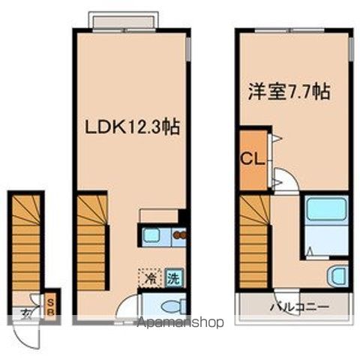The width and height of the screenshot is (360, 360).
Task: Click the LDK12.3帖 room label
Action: click(133, 127)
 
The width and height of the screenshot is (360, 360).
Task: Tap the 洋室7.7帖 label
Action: click(289, 91)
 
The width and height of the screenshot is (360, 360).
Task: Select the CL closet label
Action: click(252, 158)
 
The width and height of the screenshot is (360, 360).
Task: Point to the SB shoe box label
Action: click(50, 307)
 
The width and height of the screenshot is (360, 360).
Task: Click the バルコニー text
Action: click(299, 307)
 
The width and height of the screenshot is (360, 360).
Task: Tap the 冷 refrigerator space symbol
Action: click(151, 277)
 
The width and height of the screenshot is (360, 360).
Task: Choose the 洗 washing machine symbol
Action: click(174, 278)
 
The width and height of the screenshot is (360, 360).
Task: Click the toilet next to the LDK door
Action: click(173, 306)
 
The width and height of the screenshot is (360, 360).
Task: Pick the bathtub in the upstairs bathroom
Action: click(326, 208)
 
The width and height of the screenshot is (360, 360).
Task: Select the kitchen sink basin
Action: click(151, 235)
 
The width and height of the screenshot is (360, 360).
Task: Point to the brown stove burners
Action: click(181, 235)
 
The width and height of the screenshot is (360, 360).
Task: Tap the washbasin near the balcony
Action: click(338, 276)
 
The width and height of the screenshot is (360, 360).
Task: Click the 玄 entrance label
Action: click(26, 313)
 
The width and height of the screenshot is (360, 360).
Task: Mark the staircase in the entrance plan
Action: click(26, 242)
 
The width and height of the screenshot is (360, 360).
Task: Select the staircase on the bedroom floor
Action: click(254, 241)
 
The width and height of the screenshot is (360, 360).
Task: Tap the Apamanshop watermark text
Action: click(181, 322)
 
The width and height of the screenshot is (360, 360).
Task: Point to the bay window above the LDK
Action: click(124, 22)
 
